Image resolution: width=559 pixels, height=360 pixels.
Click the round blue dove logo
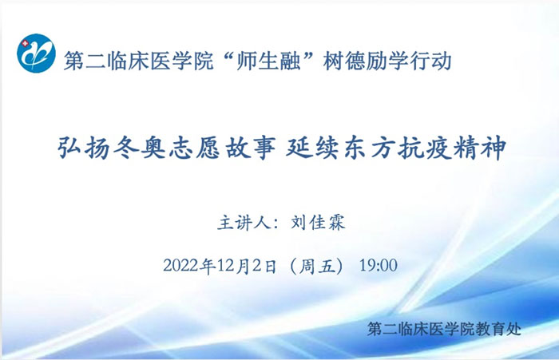(x=36, y=53)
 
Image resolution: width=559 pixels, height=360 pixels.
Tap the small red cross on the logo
(x=25, y=44)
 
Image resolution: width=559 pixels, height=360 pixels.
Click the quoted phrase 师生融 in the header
(x=268, y=61)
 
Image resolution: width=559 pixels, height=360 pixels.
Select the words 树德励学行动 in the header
(x=387, y=61)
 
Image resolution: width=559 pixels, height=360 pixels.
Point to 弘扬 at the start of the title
(x=84, y=148)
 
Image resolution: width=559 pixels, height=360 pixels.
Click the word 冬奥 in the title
(x=140, y=148)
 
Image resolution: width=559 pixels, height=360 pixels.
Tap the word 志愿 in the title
(x=195, y=148)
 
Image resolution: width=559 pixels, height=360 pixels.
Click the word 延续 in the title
(x=312, y=148)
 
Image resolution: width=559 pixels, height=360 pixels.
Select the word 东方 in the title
(x=368, y=148)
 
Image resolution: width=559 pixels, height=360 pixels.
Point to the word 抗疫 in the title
(x=423, y=148)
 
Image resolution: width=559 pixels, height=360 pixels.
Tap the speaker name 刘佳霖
(x=318, y=223)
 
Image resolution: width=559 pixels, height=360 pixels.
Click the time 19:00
(x=379, y=266)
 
